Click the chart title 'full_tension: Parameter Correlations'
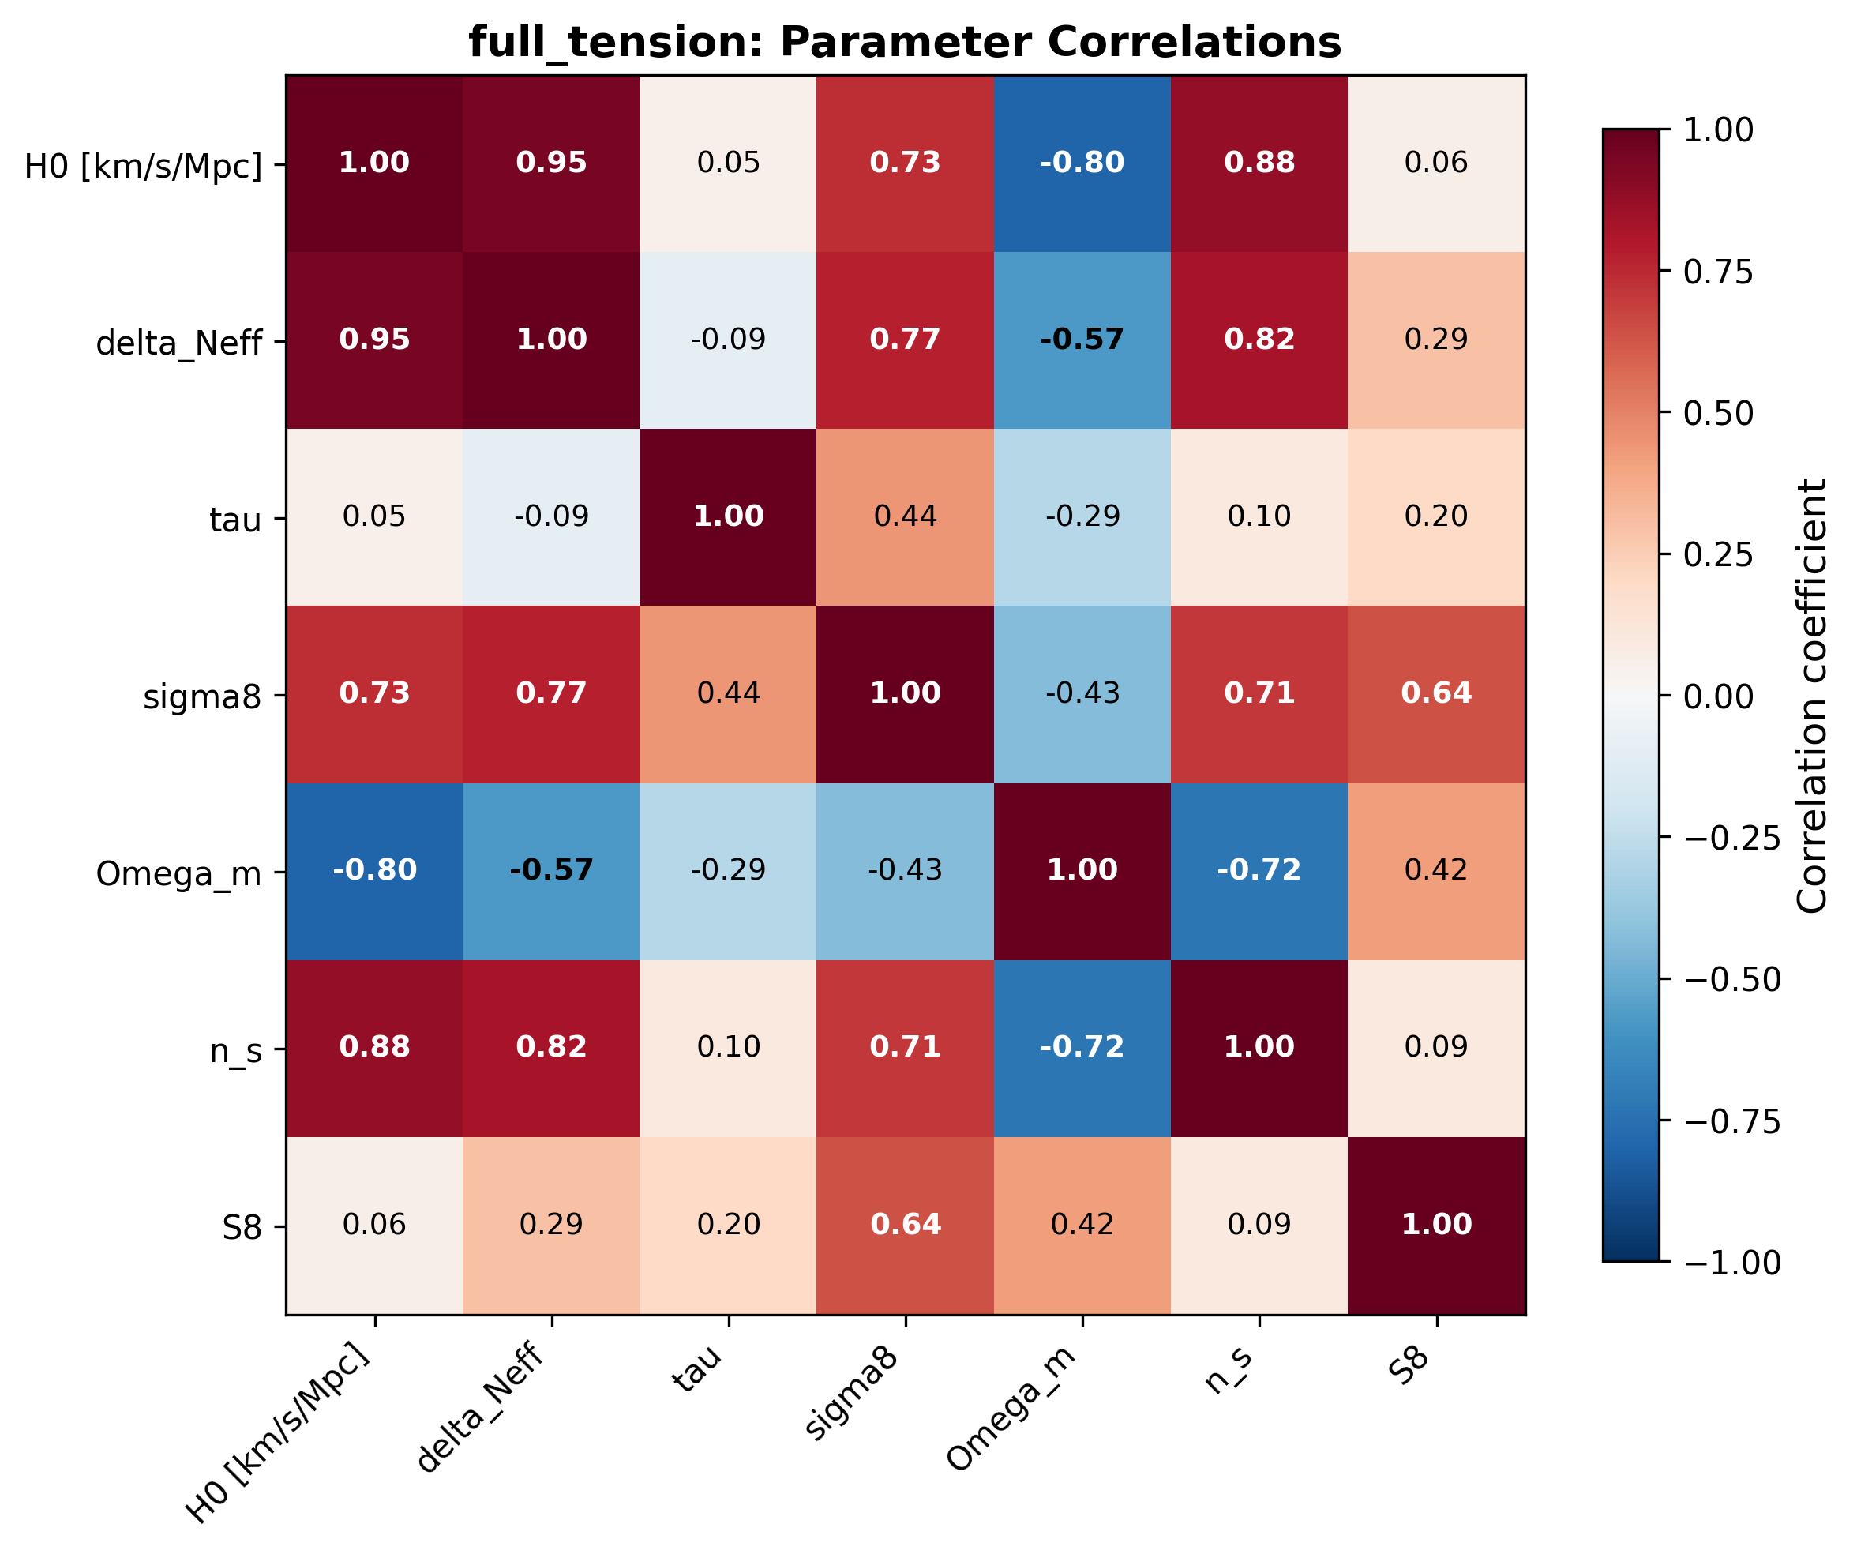[905, 42]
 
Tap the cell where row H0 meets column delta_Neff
[551, 163]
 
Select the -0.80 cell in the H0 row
[1082, 163]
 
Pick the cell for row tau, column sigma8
[905, 516]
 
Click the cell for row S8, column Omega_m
[1082, 1224]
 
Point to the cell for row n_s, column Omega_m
[1082, 1047]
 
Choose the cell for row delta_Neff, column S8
[1436, 340]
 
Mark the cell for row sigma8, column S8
[1436, 693]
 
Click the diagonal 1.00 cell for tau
[728, 516]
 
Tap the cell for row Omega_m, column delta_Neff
[551, 870]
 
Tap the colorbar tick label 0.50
[1718, 413]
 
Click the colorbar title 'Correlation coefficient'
[1812, 696]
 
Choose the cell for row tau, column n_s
[1259, 516]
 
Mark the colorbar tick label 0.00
[1718, 696]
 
